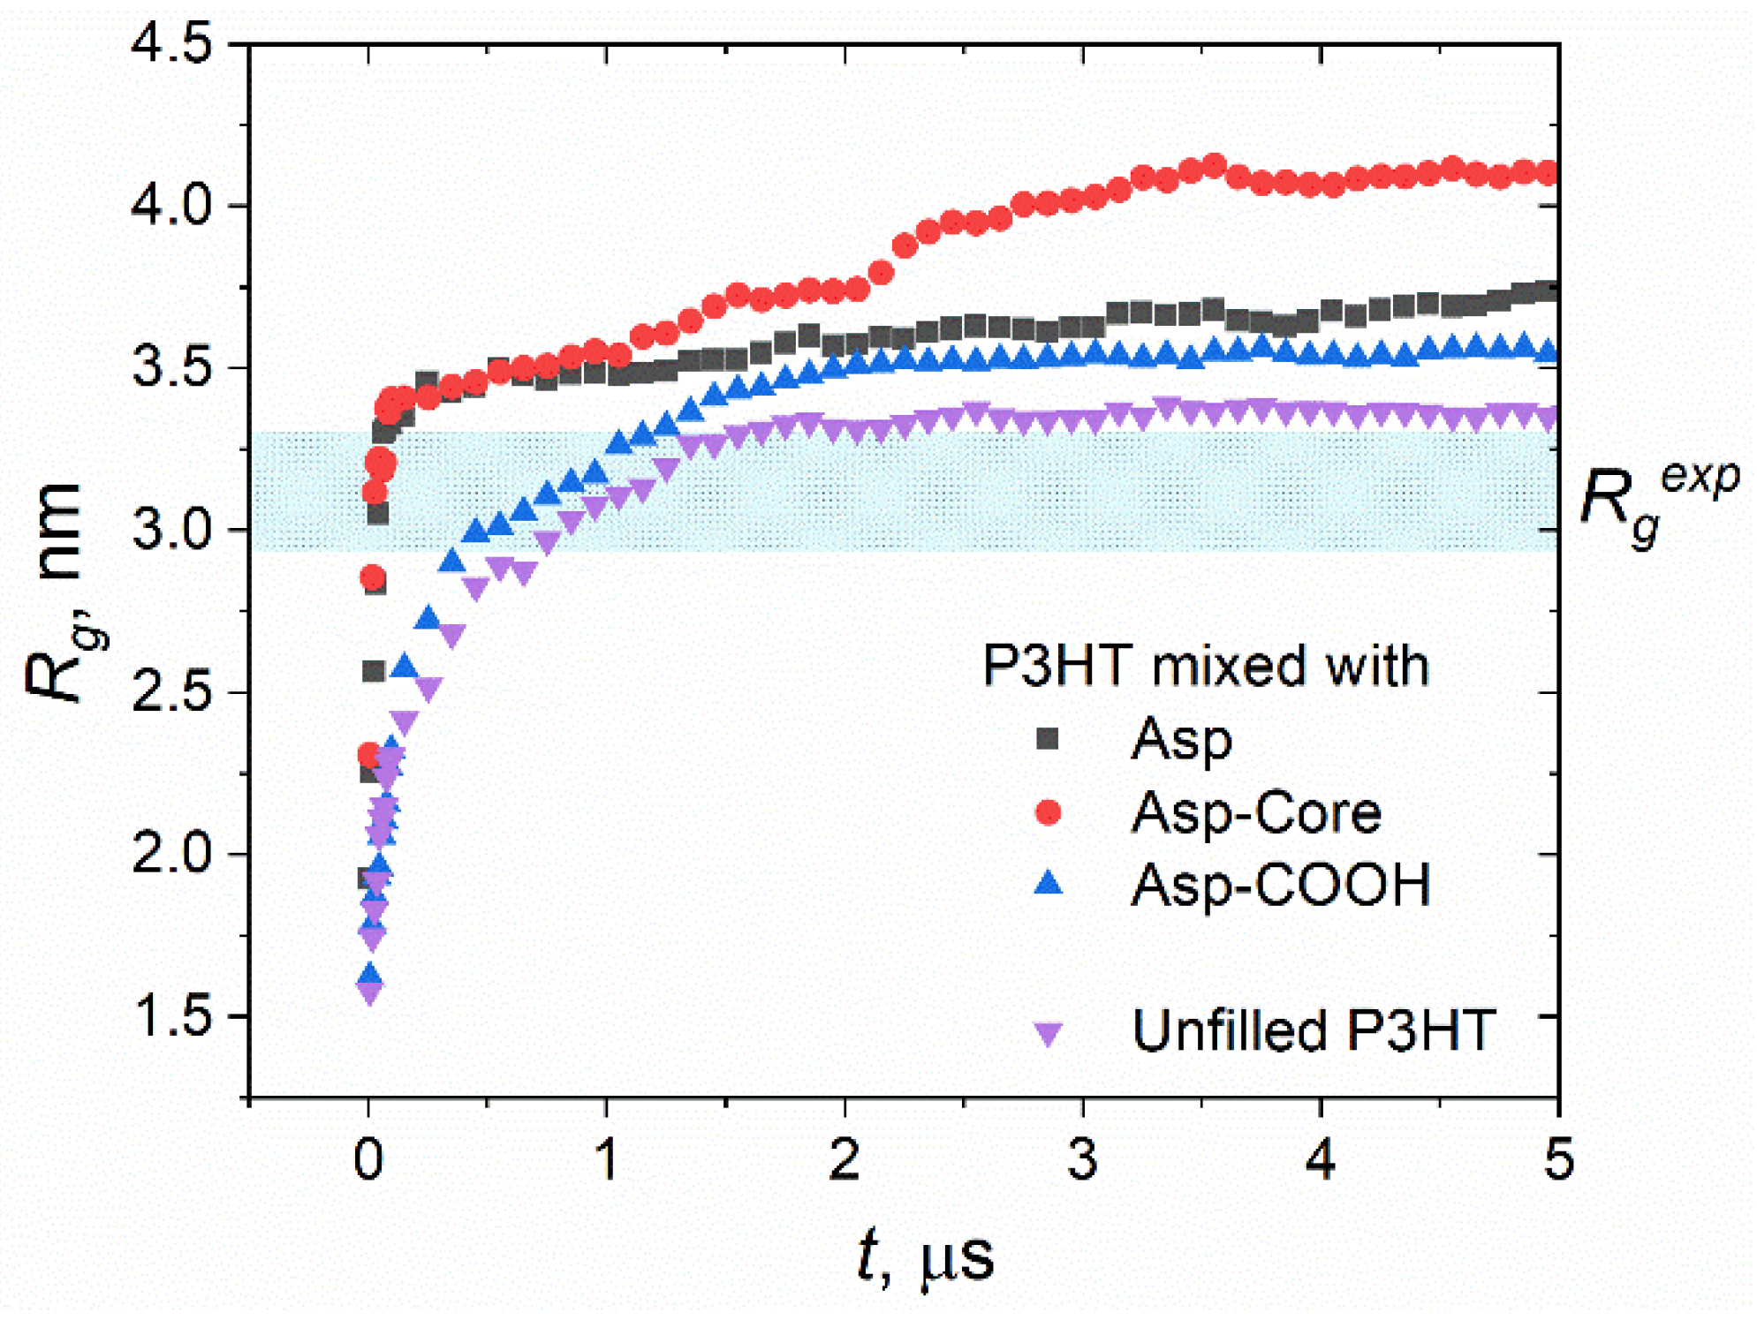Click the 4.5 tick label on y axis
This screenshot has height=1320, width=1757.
click(x=172, y=44)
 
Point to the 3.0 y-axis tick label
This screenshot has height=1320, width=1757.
click(x=172, y=531)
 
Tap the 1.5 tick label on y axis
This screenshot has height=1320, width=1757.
click(x=172, y=1017)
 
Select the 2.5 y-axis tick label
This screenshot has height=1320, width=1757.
click(x=172, y=693)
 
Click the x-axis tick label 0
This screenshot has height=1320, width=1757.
click(x=368, y=1158)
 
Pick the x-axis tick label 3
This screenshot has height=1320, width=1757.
click(x=1082, y=1158)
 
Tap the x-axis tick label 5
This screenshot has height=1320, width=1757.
click(x=1558, y=1158)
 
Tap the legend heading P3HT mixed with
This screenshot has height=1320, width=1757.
click(x=1205, y=666)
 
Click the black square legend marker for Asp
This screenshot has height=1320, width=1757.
click(x=1048, y=738)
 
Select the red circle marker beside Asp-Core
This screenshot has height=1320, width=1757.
click(x=1048, y=811)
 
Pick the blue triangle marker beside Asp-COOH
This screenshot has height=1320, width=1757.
click(x=1048, y=883)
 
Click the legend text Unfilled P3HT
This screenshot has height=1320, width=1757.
click(x=1314, y=1030)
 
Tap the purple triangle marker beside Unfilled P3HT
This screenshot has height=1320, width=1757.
click(x=1048, y=1034)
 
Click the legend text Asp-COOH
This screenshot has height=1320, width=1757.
click(x=1280, y=885)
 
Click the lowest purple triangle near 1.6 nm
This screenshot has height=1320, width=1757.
click(x=370, y=992)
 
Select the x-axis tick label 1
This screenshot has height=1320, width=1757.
click(x=607, y=1158)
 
